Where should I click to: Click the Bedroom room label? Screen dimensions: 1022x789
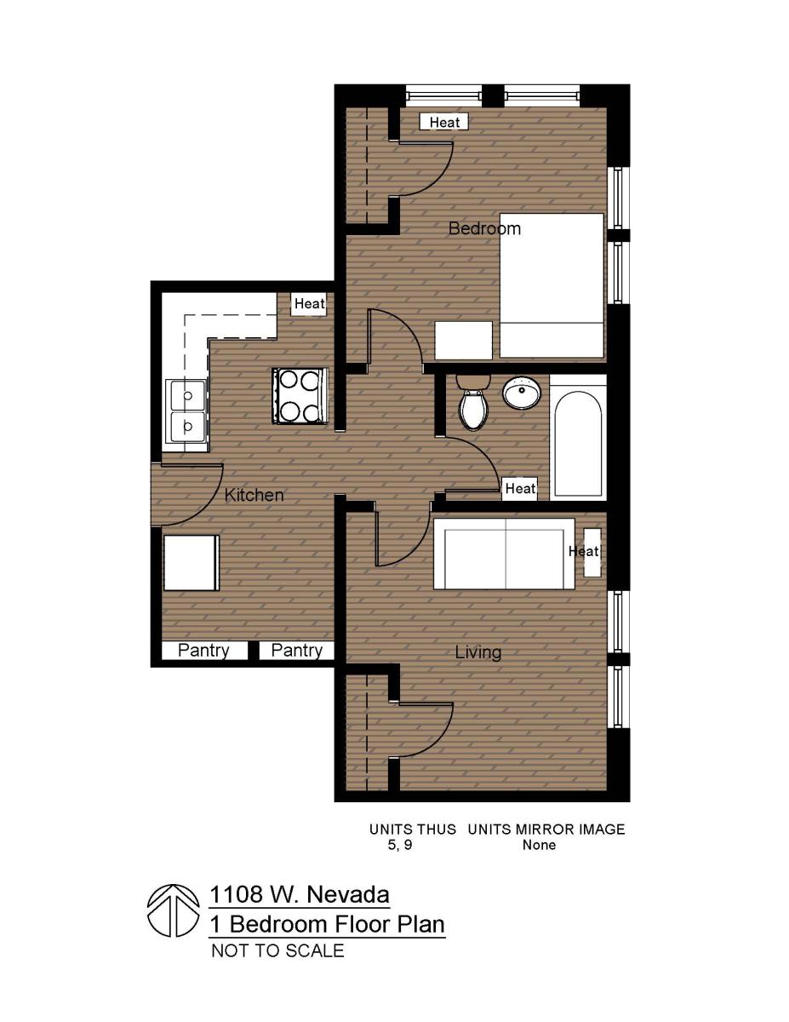pos(484,228)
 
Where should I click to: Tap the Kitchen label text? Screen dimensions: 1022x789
pos(254,495)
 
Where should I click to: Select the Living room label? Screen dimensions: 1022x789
pos(477,652)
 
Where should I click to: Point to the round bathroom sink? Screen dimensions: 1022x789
pos(522,393)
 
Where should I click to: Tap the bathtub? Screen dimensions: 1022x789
pos(578,439)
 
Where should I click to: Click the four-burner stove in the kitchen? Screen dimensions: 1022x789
pos(299,394)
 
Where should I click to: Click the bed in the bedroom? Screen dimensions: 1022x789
pos(552,285)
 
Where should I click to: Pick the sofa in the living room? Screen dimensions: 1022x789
pos(504,554)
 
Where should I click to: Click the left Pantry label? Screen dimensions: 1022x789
pos(203,651)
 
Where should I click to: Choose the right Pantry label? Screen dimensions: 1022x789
pos(296,651)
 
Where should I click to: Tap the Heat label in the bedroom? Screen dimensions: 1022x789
pos(444,122)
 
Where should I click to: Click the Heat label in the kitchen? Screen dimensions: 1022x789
pos(309,303)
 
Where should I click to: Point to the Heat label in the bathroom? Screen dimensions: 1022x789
pos(520,488)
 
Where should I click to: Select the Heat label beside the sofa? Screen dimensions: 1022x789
pos(584,551)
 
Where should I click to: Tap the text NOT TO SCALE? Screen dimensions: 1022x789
pos(277,950)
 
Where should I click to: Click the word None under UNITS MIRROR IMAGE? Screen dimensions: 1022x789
pos(539,845)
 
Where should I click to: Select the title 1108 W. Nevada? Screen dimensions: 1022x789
pos(300,895)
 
